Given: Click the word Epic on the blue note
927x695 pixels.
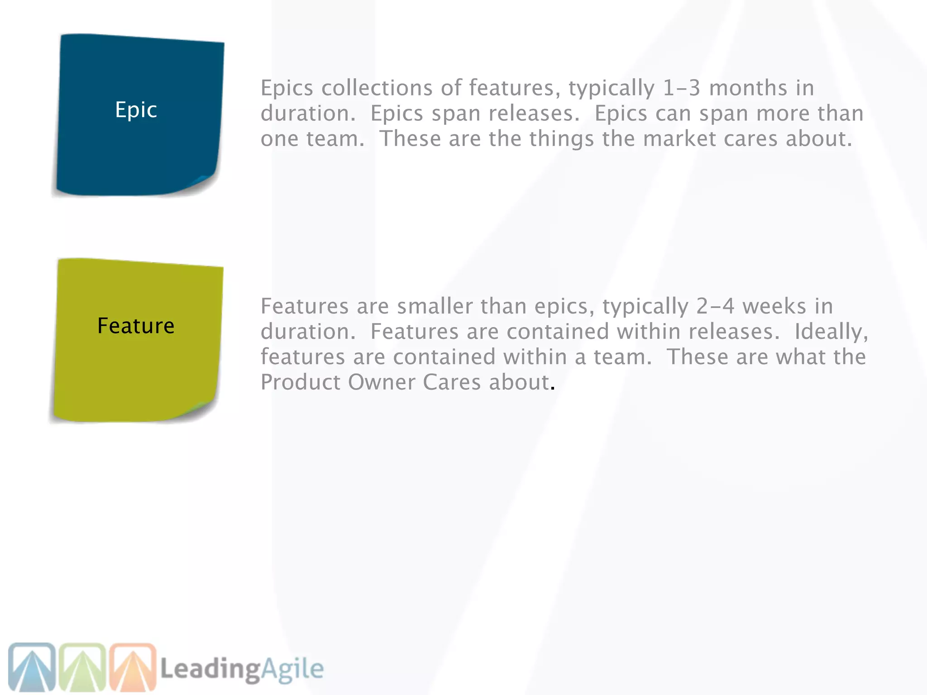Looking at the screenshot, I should point(136,110).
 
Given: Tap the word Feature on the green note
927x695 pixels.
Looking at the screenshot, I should point(136,326).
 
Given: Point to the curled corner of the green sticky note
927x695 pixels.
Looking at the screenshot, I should point(202,407).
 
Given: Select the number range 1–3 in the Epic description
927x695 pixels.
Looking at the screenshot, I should point(681,88).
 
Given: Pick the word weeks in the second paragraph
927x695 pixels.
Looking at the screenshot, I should point(774,306).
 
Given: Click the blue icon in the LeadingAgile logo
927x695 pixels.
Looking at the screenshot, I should point(32,667).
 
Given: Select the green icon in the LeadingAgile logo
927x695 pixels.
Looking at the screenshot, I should point(82,667).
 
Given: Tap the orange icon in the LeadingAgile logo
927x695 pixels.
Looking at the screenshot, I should point(133,667).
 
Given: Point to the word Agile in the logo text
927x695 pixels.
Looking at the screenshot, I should point(292,669).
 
